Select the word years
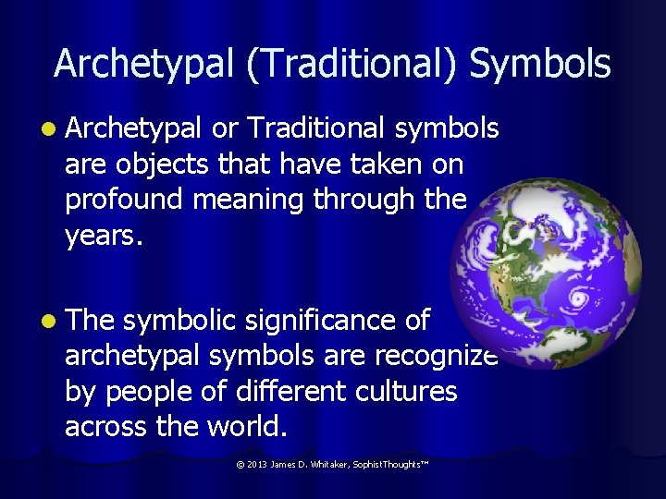[104, 237]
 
